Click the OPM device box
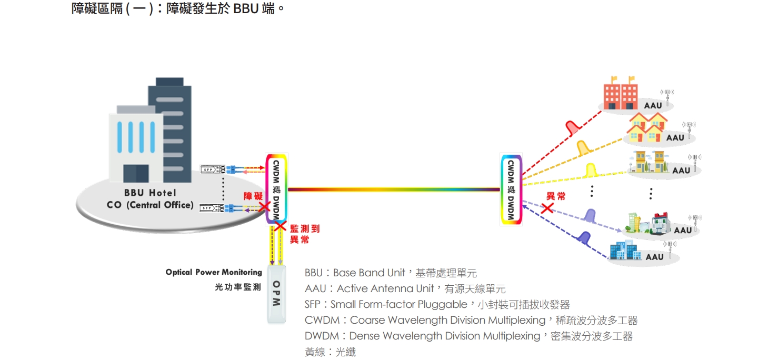[276, 293]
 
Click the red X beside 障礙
[264, 207]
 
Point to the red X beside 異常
[547, 208]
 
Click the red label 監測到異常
[304, 234]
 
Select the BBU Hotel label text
[150, 193]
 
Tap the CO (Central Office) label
[150, 205]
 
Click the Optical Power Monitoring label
[214, 273]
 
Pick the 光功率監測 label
[238, 287]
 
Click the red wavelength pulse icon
[572, 128]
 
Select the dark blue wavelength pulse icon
[584, 237]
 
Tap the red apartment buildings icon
[621, 95]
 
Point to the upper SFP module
[214, 169]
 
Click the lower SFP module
[214, 208]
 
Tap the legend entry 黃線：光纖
[330, 352]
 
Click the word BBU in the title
[246, 9]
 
